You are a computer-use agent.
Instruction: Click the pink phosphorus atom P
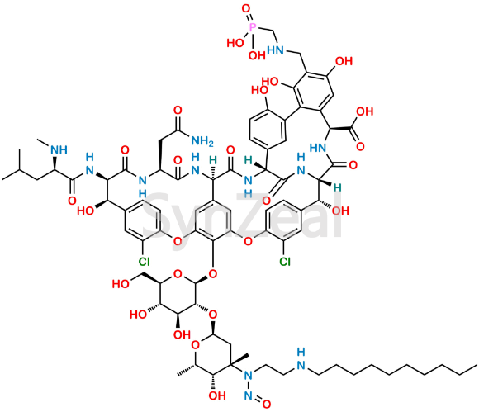coord(252,28)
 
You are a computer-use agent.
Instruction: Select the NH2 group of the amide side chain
coord(202,141)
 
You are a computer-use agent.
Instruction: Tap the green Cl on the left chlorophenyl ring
coord(144,261)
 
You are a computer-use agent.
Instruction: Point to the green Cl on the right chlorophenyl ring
coord(284,261)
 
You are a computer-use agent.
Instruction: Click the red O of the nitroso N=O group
coord(267,404)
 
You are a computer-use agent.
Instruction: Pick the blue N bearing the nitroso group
coord(249,376)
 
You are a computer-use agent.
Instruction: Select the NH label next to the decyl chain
coord(301,359)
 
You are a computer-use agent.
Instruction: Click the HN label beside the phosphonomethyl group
coord(275,50)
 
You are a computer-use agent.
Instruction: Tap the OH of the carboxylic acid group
coord(365,111)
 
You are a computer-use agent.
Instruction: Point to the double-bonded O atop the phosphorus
coord(246,9)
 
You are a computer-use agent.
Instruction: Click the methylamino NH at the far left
coord(59,150)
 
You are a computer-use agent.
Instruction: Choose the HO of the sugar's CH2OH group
coord(120,284)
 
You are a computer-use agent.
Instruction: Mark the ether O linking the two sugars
coord(213,314)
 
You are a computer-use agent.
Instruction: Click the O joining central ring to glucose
coord(213,272)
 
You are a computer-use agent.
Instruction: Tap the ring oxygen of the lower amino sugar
coord(196,345)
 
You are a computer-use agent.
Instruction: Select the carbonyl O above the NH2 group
coord(178,110)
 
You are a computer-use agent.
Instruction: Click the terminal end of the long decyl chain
coord(477,365)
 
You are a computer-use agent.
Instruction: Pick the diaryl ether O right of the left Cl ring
coord(178,241)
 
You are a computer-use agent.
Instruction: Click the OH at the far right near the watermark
coord(341,211)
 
